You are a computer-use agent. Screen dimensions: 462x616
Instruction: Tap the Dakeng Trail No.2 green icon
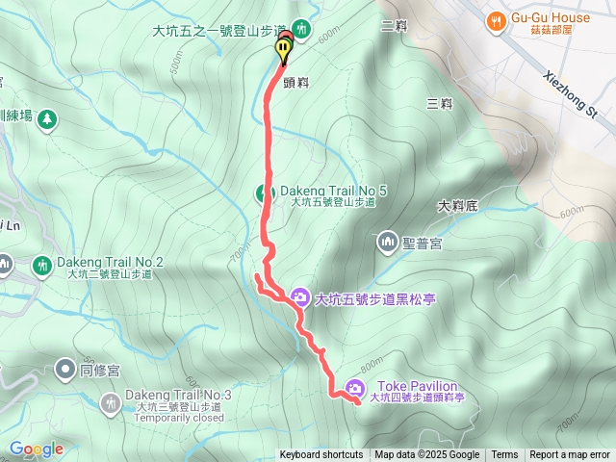tap(41, 263)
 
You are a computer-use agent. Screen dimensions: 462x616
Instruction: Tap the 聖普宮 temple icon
tap(389, 239)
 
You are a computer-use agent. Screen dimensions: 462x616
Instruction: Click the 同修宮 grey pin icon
tap(65, 368)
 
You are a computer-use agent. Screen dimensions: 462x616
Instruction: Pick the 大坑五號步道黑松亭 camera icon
tap(300, 297)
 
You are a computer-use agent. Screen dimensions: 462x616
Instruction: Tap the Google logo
tap(37, 449)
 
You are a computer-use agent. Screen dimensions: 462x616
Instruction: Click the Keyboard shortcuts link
tap(321, 455)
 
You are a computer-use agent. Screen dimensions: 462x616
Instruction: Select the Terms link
tap(504, 455)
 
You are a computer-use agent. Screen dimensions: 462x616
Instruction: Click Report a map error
tap(570, 455)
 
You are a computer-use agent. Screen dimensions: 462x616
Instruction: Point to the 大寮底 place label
tap(458, 205)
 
